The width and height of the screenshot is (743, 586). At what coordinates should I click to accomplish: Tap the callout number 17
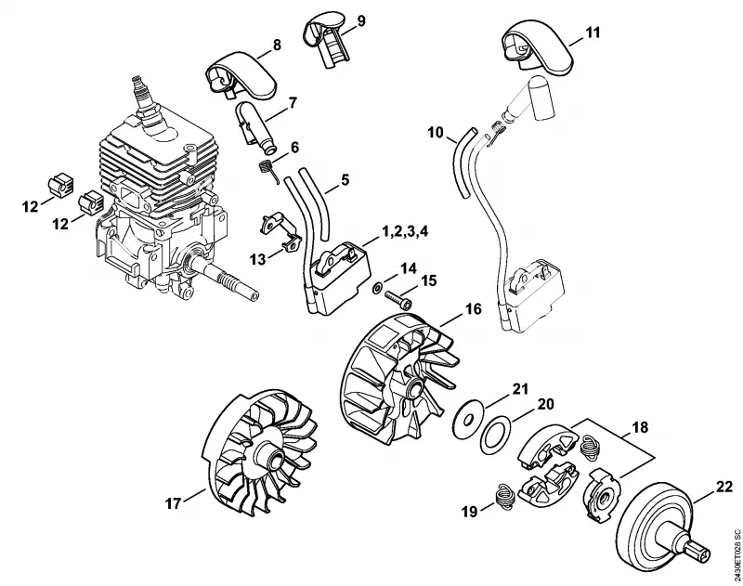coord(174,503)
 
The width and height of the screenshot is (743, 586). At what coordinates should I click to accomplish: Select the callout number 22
coord(724,487)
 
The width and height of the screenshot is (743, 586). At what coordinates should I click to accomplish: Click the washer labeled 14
coord(379,287)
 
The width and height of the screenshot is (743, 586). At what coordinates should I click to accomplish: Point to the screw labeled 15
coord(398,298)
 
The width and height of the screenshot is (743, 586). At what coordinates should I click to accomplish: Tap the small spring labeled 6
coord(267,170)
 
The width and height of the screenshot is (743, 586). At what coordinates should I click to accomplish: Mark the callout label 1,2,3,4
coord(405,232)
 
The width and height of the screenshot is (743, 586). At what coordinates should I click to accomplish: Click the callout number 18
coord(640,428)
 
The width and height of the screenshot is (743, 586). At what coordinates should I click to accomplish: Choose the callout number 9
coord(361,21)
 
